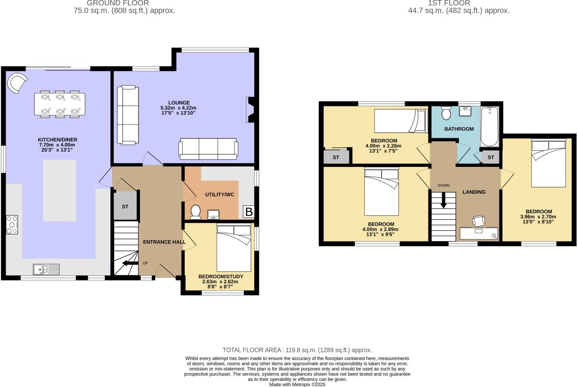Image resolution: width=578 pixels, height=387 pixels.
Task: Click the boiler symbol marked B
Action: [x=249, y=212]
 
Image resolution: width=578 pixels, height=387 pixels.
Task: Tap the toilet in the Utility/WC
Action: [x=196, y=213]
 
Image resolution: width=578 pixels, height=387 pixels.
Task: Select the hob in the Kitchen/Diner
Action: [x=12, y=225]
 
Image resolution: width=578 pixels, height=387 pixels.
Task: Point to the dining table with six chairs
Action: [x=60, y=104]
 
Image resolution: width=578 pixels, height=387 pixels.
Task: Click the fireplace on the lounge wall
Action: [x=250, y=110]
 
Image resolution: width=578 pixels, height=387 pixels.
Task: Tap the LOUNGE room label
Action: [x=179, y=103]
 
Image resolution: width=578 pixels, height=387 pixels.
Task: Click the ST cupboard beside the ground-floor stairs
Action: [x=125, y=206]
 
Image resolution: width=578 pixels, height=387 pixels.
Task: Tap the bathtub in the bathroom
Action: [x=490, y=126]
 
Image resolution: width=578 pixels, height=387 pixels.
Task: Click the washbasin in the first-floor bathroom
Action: [x=465, y=111]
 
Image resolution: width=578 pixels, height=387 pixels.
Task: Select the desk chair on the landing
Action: [x=478, y=221]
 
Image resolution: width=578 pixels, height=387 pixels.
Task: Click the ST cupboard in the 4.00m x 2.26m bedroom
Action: [x=336, y=157]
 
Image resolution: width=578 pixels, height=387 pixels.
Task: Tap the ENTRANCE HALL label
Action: [x=164, y=242]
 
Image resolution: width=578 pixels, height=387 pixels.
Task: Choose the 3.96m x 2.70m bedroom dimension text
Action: [x=538, y=217]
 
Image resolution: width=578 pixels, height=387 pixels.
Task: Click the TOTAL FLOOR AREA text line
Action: [x=297, y=350]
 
